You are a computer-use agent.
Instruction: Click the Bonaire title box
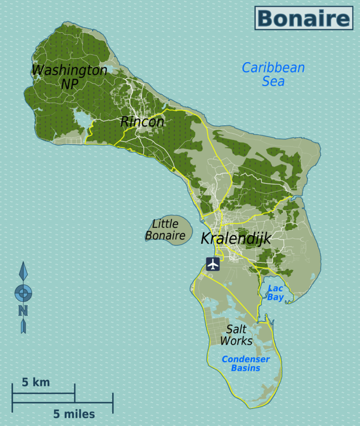(303, 18)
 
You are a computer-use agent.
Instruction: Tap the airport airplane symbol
(213, 263)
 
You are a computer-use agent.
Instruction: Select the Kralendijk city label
(235, 239)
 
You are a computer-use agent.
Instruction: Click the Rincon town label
(142, 121)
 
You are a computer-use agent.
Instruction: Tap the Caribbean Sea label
(273, 74)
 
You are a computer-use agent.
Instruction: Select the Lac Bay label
(276, 293)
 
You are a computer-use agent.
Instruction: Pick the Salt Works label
(236, 334)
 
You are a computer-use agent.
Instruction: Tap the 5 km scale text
(36, 382)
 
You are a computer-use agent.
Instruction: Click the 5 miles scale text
(74, 414)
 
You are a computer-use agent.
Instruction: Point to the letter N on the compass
(23, 311)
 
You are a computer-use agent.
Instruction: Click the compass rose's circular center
(23, 292)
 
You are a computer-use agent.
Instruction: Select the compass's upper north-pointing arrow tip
(23, 265)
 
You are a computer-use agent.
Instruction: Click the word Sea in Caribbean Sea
(273, 82)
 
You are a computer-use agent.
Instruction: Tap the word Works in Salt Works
(236, 341)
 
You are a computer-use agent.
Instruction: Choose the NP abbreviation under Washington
(69, 84)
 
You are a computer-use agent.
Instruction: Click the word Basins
(246, 368)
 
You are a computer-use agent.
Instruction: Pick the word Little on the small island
(165, 224)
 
